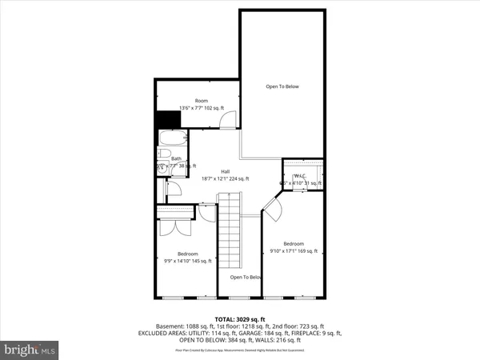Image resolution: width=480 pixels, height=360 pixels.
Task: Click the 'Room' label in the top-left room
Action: [190, 101]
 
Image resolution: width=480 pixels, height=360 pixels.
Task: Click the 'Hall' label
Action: [214, 171]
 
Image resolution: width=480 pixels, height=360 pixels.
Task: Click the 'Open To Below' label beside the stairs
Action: [246, 278]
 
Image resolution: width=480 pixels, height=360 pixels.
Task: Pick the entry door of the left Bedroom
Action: [207, 213]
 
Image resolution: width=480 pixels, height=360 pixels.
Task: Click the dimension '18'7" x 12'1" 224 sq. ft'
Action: [225, 178]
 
